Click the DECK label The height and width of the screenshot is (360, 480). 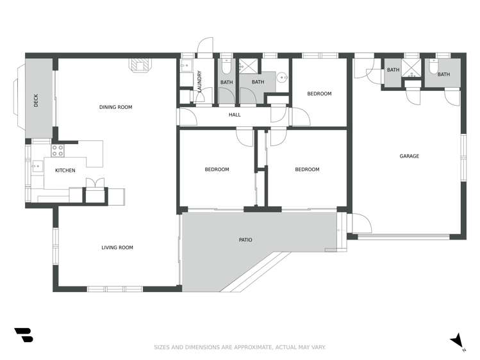pyautogui.click(x=37, y=101)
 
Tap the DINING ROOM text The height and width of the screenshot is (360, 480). pyautogui.click(x=115, y=107)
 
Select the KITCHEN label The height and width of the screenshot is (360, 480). pyautogui.click(x=65, y=170)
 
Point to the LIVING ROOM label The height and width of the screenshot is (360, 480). pyautogui.click(x=117, y=247)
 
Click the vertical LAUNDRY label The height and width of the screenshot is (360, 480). pyautogui.click(x=200, y=81)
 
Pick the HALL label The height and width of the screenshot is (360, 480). pyautogui.click(x=235, y=115)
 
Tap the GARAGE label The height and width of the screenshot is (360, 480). pyautogui.click(x=409, y=156)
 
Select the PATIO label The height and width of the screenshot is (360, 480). pyautogui.click(x=245, y=240)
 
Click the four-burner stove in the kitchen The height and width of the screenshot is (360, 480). pyautogui.click(x=58, y=151)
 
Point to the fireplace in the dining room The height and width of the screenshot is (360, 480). pyautogui.click(x=140, y=65)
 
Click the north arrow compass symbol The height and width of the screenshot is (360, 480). pyautogui.click(x=457, y=340)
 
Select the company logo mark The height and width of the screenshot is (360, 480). pyautogui.click(x=23, y=335)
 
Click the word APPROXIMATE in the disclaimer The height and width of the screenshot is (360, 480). pyautogui.click(x=249, y=347)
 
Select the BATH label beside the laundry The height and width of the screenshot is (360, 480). pyautogui.click(x=226, y=82)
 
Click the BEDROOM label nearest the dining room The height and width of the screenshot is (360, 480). pyautogui.click(x=217, y=169)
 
